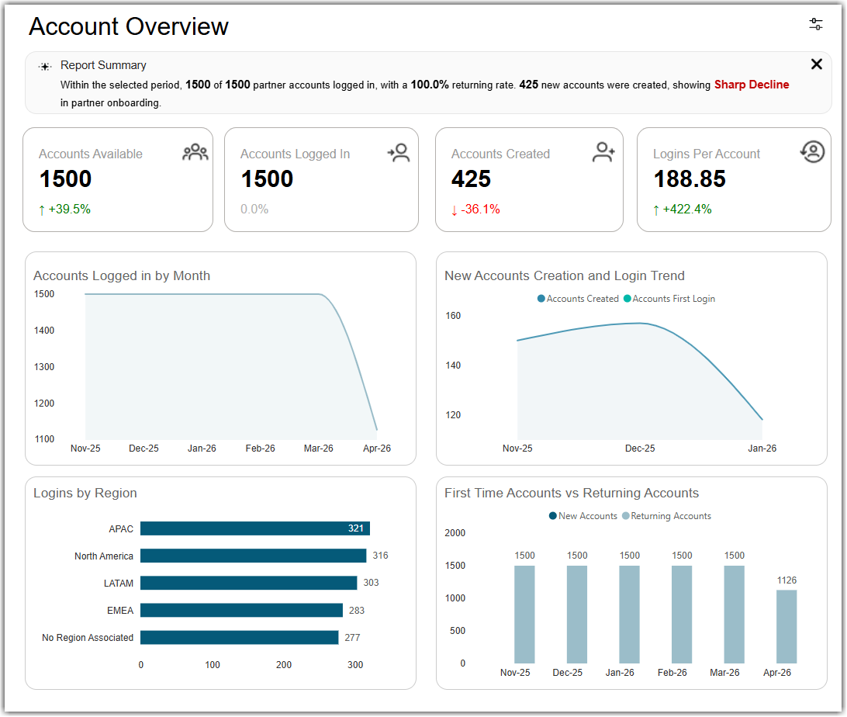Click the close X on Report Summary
(x=816, y=64)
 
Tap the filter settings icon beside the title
(x=816, y=24)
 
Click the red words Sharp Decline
(x=752, y=85)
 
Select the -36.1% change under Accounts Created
(x=475, y=209)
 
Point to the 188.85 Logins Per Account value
(x=690, y=178)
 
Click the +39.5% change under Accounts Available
(x=64, y=209)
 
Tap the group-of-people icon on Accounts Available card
(x=195, y=152)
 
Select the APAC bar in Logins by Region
(x=255, y=528)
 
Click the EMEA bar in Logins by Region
(x=241, y=610)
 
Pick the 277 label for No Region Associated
(x=352, y=638)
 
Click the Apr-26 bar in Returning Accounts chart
(x=786, y=626)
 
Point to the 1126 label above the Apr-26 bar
(x=786, y=580)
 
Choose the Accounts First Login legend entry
(x=669, y=299)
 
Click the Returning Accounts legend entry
(x=666, y=516)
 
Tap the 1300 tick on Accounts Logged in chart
(x=44, y=367)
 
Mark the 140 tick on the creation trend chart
(x=453, y=365)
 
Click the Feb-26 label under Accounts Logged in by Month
(x=261, y=449)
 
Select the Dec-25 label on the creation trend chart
(x=640, y=449)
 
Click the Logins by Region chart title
(x=85, y=493)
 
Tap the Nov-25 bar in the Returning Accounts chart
(x=524, y=615)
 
